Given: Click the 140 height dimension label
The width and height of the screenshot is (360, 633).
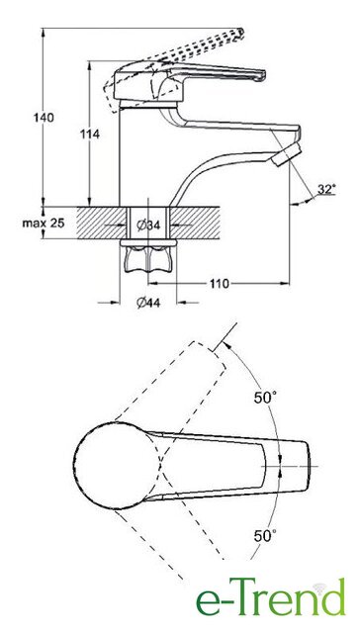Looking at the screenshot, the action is (x=44, y=119).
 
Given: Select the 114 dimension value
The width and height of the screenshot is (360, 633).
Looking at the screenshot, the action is (x=90, y=135).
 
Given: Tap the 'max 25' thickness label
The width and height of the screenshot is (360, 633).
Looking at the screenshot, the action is (x=44, y=223).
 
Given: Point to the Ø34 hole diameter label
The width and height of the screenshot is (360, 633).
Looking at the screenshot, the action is (x=148, y=226).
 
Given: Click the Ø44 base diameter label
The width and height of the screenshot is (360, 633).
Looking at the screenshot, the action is (x=148, y=302).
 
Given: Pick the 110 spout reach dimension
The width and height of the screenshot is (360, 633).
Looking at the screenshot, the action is (x=219, y=284).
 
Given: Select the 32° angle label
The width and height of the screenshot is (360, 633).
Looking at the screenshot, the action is (x=326, y=189).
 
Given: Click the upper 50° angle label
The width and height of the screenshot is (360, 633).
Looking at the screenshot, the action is (x=265, y=398).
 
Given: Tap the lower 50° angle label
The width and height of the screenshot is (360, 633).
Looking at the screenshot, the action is (x=265, y=536).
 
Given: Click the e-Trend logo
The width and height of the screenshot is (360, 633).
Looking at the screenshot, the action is (x=271, y=597).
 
